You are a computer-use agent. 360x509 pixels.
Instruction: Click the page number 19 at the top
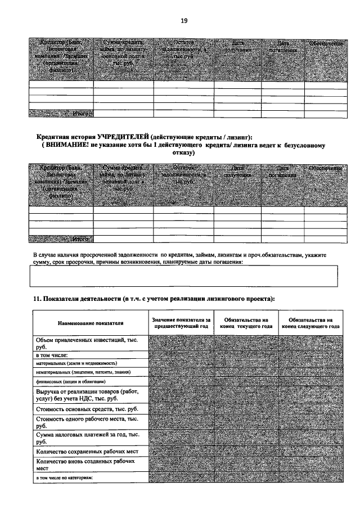[183, 21]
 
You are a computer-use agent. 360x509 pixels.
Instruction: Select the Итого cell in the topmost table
[61, 114]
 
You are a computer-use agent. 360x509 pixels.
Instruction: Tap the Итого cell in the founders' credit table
[61, 240]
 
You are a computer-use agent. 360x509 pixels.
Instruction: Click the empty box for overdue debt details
[183, 276]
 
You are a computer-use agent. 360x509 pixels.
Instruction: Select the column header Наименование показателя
[90, 323]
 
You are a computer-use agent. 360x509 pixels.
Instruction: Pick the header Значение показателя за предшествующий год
[181, 323]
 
